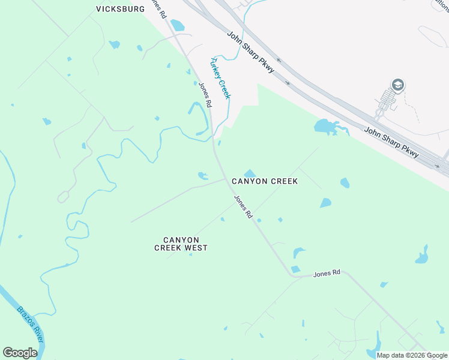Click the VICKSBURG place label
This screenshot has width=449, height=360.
pyautogui.click(x=121, y=10)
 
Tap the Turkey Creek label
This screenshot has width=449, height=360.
pyautogui.click(x=220, y=77)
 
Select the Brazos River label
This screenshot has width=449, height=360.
pyautogui.click(x=30, y=325)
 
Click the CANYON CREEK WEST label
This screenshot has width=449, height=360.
pyautogui.click(x=181, y=243)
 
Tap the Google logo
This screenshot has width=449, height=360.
pyautogui.click(x=20, y=353)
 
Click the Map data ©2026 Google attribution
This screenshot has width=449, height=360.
pyautogui.click(x=412, y=355)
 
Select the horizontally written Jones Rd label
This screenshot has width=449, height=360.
pyautogui.click(x=327, y=272)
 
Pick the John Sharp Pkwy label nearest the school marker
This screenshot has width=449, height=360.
pyautogui.click(x=391, y=142)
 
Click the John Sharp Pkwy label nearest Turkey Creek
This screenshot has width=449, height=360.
pyautogui.click(x=250, y=52)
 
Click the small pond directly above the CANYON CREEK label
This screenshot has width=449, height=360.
pyautogui.click(x=250, y=173)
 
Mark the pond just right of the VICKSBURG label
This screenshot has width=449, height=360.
pyautogui.click(x=177, y=25)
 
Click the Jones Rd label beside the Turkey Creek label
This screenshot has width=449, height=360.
pyautogui.click(x=205, y=94)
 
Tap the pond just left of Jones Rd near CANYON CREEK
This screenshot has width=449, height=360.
pyautogui.click(x=203, y=176)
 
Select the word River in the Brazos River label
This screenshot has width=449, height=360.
pyautogui.click(x=37, y=334)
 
